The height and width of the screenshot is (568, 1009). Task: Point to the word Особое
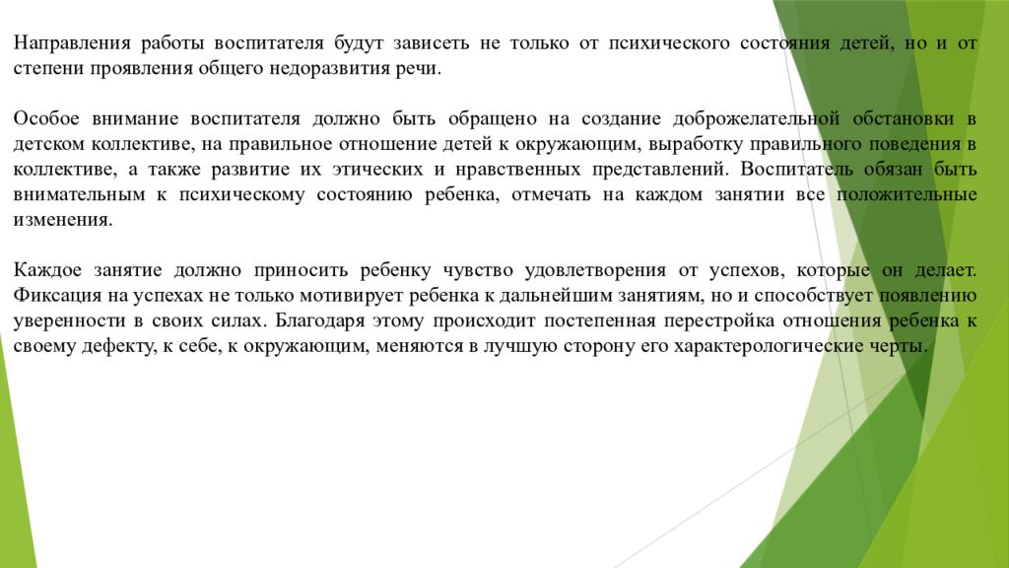(46, 119)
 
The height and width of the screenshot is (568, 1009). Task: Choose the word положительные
(907, 194)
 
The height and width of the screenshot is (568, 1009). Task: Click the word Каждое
(48, 269)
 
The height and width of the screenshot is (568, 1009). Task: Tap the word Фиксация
(52, 295)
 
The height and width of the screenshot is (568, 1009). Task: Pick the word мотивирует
(295, 295)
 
